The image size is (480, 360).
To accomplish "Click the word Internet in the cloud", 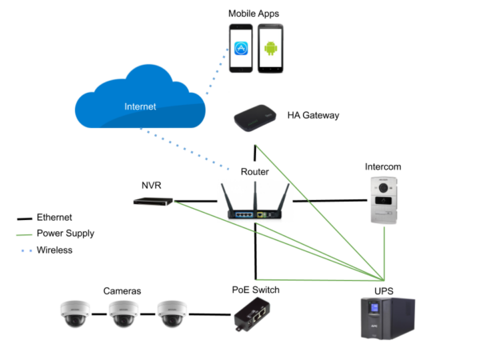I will [x=140, y=106].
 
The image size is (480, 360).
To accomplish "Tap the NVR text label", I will [x=152, y=185].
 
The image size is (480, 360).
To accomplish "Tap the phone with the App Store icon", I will [x=241, y=49].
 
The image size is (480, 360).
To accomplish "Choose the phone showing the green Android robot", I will [x=270, y=49].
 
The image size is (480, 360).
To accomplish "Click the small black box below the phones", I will [x=255, y=119].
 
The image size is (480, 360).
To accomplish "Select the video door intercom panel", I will [x=384, y=200].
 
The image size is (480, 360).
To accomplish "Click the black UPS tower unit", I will [x=387, y=318].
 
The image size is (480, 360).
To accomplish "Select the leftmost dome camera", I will [x=74, y=315].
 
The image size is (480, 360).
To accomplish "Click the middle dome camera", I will [x=123, y=315].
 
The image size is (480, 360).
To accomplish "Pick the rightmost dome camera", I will [x=172, y=315].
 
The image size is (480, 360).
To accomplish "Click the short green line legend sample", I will [x=24, y=235].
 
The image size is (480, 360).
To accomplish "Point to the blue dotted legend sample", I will [x=26, y=250].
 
